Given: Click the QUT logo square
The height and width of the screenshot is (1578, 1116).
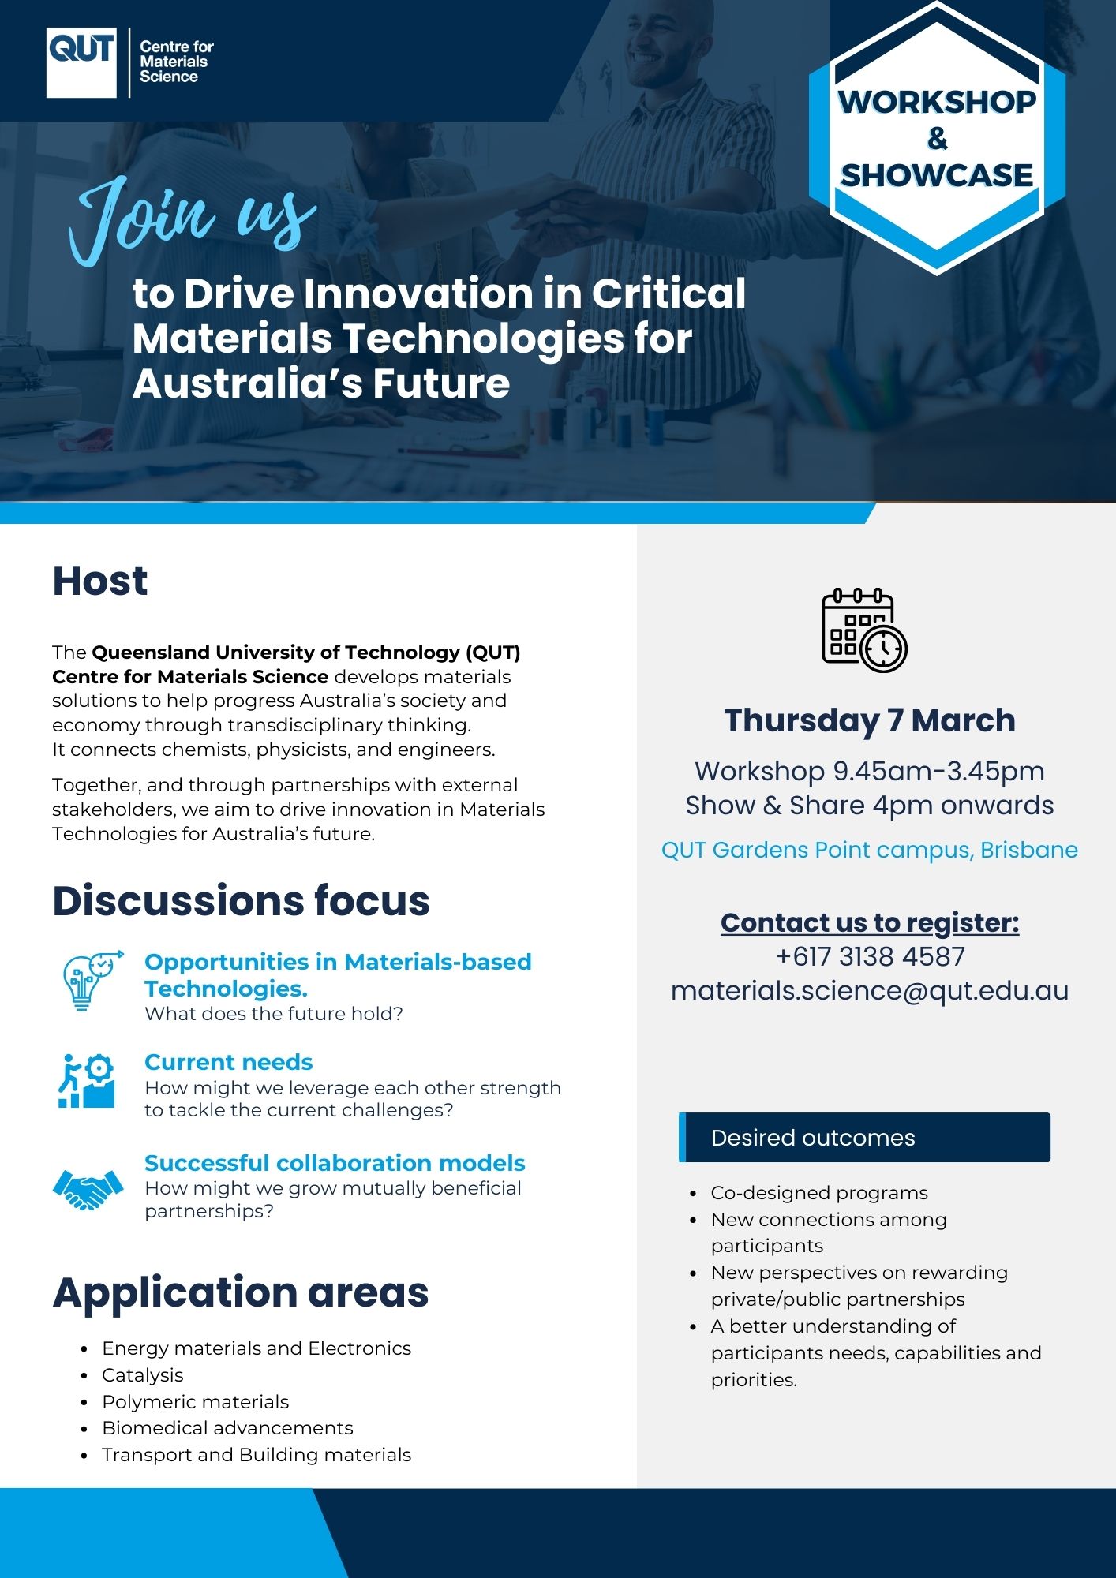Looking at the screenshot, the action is click(x=81, y=63).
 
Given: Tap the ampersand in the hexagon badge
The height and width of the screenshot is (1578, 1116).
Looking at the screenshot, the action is click(x=937, y=139).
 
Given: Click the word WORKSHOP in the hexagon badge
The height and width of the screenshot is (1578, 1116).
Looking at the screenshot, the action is click(x=937, y=102).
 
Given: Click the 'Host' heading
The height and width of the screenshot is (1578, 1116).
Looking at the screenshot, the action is click(x=100, y=581).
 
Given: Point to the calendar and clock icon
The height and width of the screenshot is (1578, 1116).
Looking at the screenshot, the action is click(x=865, y=630).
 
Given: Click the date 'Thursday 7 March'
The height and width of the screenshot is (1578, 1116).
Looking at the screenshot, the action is click(x=870, y=720).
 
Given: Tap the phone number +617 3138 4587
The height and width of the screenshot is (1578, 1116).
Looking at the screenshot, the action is click(x=870, y=956).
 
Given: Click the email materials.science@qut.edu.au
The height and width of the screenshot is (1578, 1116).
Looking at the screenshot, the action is click(x=870, y=991).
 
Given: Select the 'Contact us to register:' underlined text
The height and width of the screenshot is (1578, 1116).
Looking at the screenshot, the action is click(x=870, y=922).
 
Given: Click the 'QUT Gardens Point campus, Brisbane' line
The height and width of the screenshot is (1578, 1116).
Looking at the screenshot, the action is click(x=870, y=850).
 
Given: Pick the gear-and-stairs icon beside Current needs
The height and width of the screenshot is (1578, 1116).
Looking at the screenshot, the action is click(x=87, y=1081).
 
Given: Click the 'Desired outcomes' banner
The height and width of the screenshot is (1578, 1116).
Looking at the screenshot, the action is click(x=864, y=1137).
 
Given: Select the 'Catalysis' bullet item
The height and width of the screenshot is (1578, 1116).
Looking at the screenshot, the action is click(x=143, y=1375).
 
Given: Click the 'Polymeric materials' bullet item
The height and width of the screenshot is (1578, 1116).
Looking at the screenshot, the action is click(x=196, y=1402).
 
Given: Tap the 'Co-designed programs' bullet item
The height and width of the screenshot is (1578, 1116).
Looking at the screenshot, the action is click(x=819, y=1193).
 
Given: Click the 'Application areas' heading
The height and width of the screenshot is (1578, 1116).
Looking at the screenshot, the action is click(x=241, y=1292).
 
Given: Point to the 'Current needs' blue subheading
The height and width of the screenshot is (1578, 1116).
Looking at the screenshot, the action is click(x=229, y=1062).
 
